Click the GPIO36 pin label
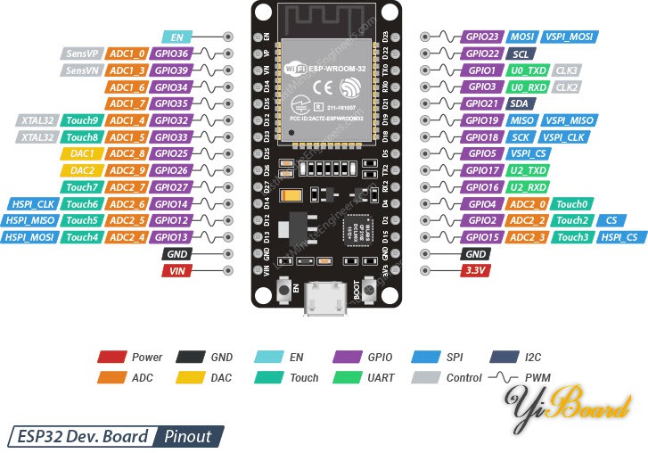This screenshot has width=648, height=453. [x=171, y=54]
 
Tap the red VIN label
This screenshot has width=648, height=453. [x=176, y=270]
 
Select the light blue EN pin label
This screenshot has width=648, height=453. [x=176, y=37]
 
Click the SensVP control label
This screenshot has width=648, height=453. [x=81, y=54]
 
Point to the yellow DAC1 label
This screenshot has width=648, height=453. [x=82, y=153]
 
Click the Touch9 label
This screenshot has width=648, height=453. [x=82, y=120]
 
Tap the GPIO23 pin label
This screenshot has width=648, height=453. [x=482, y=37]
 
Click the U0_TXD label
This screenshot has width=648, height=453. [x=527, y=70]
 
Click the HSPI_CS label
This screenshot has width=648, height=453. [x=619, y=237]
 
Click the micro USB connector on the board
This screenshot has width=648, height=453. [x=324, y=299]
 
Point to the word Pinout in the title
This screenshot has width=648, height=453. [x=187, y=436]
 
